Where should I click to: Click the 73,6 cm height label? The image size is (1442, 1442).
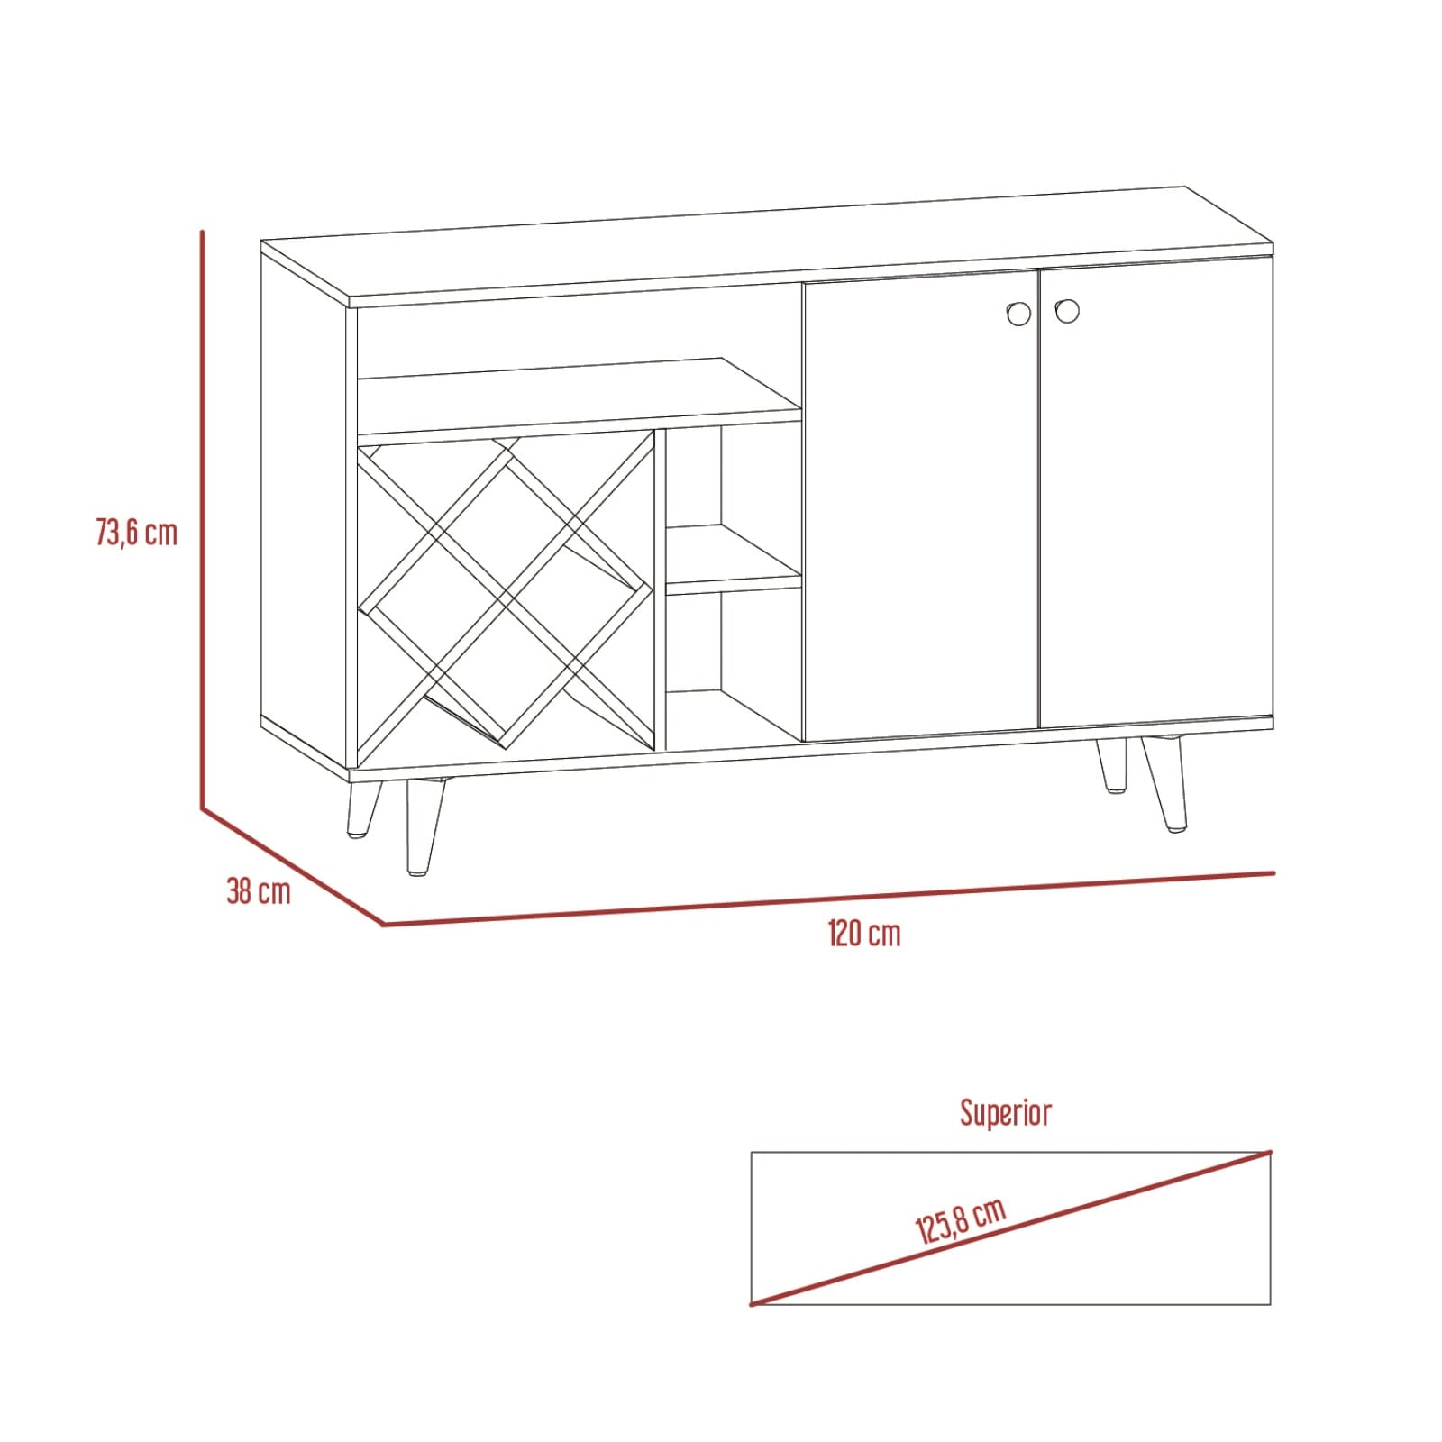(137, 533)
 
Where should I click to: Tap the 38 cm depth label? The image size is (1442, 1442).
(259, 891)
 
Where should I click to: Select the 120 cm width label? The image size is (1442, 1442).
(864, 933)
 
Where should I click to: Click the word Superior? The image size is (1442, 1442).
(1006, 1113)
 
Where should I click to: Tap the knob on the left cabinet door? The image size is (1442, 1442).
(1018, 313)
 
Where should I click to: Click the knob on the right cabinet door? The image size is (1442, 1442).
(1067, 311)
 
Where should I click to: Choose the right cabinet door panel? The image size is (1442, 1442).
(1156, 493)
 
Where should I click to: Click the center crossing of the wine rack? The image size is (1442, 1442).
(506, 592)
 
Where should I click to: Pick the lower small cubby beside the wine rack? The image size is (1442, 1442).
(734, 667)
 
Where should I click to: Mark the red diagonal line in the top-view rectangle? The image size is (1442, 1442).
(1010, 1227)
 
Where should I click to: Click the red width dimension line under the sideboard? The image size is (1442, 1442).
(829, 899)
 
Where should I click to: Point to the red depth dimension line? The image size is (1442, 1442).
(293, 866)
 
